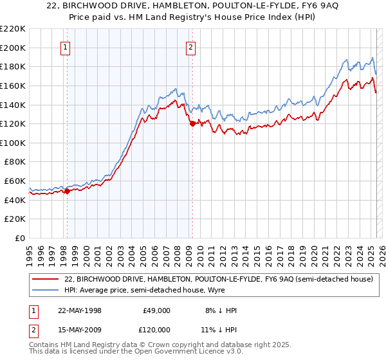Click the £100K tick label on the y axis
[x=13, y=143]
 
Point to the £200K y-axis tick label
[x=13, y=48]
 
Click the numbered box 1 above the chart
[x=66, y=46]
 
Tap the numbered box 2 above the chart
[x=192, y=46]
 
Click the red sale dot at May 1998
[x=67, y=191]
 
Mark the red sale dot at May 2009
[x=192, y=123]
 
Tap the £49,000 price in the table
[x=157, y=310]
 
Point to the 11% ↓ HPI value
[x=218, y=332]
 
